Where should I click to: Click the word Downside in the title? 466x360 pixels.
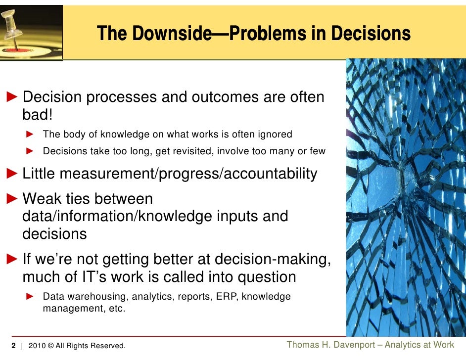pos(165,34)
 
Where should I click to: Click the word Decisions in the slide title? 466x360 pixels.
pos(371,34)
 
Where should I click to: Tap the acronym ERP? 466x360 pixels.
pos(227,297)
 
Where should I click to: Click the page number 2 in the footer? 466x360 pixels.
pos(14,345)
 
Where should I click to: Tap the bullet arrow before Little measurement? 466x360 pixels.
pos(11,174)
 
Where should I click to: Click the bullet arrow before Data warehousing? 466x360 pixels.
pos(29,297)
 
